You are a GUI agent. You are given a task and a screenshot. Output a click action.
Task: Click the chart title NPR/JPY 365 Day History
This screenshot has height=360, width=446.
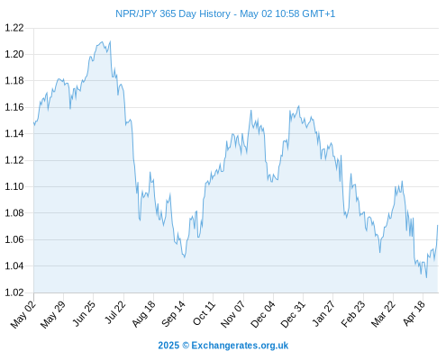[x=173, y=13]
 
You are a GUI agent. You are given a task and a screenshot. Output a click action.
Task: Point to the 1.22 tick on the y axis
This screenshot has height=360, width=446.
[x=14, y=28]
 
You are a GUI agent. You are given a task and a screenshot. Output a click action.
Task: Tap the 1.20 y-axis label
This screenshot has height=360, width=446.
[x=14, y=54]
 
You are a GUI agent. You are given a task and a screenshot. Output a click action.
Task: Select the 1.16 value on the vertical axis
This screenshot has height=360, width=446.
[x=14, y=107]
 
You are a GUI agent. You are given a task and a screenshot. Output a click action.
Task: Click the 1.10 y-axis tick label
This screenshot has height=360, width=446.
[x=14, y=186]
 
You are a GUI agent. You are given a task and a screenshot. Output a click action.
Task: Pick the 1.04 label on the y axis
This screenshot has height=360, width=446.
[x=14, y=265]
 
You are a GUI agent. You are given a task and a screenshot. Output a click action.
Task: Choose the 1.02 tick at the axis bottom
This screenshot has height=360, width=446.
[x=14, y=292]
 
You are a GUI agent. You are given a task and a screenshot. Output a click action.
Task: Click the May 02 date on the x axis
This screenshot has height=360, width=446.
[x=23, y=314]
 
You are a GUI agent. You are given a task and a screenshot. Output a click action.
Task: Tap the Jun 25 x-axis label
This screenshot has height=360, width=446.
[x=84, y=313]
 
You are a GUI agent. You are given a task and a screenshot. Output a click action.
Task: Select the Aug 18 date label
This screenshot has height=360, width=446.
[x=144, y=314]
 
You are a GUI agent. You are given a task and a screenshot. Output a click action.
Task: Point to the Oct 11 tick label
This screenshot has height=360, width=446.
[x=204, y=313]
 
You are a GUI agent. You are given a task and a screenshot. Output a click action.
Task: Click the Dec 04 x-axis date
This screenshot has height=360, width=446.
[x=263, y=314]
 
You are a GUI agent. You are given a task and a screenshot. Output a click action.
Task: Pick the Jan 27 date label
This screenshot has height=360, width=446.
[x=323, y=313]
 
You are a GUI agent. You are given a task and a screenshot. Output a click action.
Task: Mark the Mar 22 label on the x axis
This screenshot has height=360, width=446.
[x=383, y=314]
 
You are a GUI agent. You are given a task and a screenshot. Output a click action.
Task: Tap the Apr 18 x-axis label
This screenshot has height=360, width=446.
[x=414, y=313]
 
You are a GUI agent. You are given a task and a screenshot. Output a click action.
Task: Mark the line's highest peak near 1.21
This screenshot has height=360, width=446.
[x=110, y=41]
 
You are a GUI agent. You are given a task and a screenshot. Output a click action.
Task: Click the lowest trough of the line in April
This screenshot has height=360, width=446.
[x=426, y=277]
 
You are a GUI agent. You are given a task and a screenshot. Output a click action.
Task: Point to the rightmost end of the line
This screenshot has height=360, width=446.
[x=438, y=225]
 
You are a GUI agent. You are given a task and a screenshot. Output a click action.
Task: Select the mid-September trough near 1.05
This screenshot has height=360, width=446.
[x=185, y=257]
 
